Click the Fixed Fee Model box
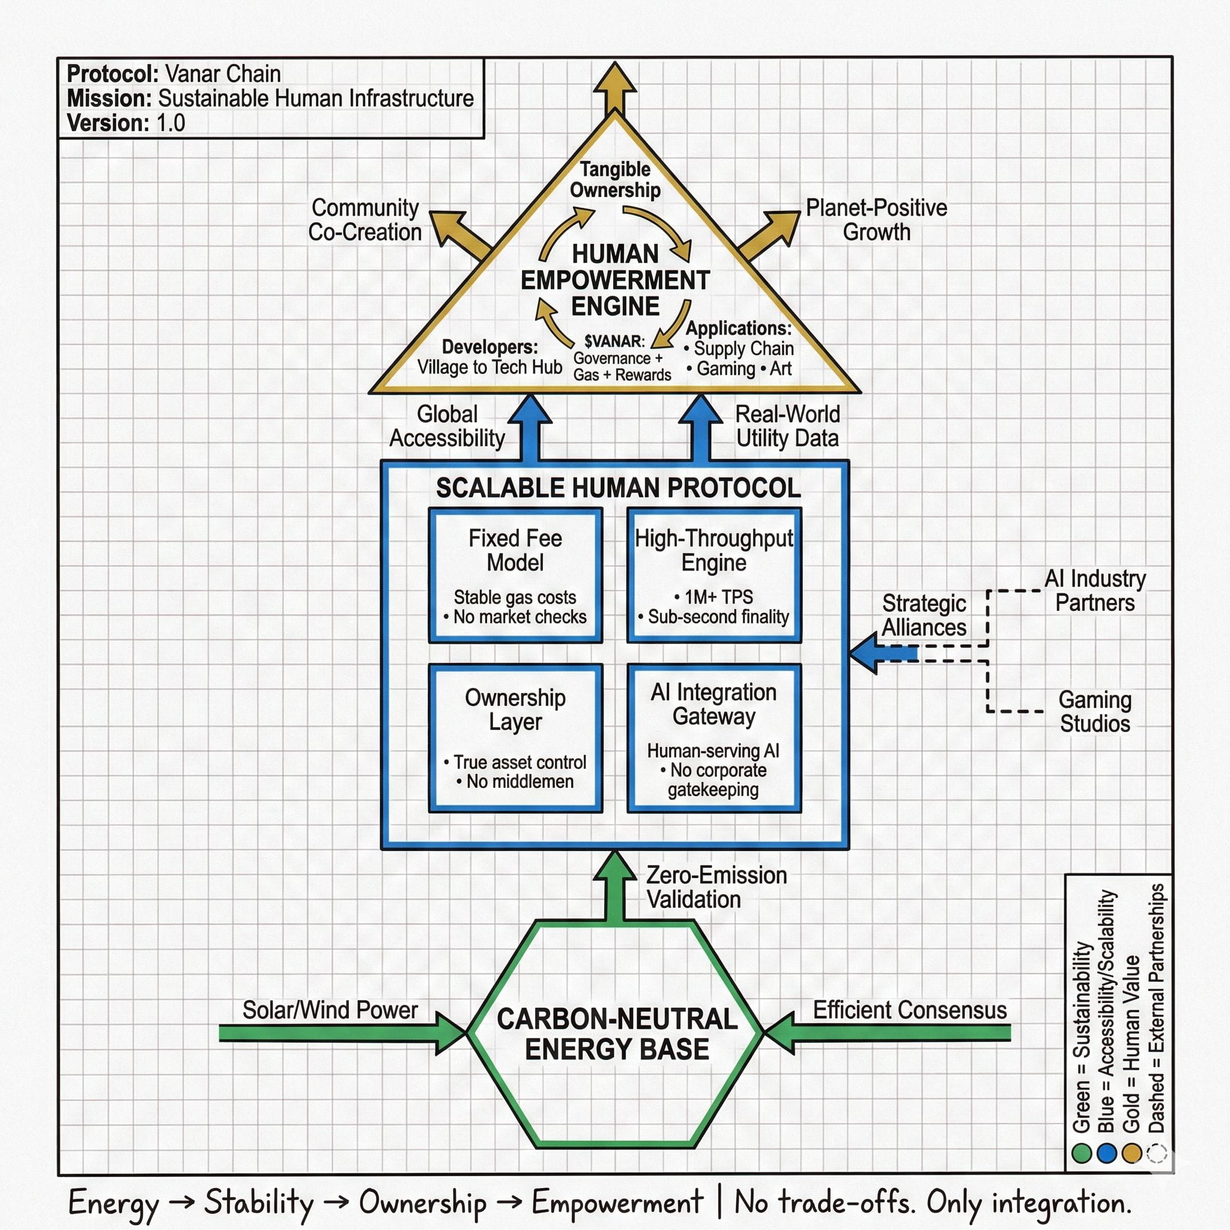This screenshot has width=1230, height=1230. (515, 575)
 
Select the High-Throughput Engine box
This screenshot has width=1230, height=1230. (713, 575)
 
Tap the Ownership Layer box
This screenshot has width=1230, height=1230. (515, 738)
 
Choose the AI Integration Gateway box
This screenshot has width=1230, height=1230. (713, 738)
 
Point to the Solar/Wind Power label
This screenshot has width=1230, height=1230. (330, 1010)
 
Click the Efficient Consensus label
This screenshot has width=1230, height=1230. (910, 1010)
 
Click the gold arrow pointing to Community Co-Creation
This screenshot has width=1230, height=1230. (459, 234)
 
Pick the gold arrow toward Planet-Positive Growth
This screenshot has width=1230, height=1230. (770, 234)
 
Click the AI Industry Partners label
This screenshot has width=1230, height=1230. (1094, 590)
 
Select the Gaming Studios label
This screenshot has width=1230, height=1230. (1094, 711)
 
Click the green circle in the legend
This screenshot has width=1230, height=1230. (1081, 1153)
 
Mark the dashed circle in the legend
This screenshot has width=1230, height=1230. (1156, 1153)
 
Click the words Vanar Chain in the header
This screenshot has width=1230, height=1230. (222, 74)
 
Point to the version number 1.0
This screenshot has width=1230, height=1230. (171, 123)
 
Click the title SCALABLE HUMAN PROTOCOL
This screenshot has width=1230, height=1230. (617, 488)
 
